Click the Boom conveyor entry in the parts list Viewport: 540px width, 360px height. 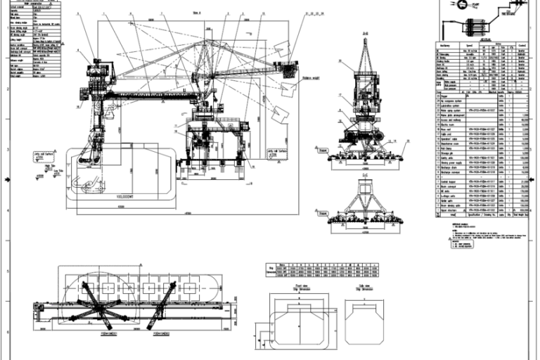[446, 188]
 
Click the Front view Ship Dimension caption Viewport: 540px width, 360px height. [303, 289]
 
